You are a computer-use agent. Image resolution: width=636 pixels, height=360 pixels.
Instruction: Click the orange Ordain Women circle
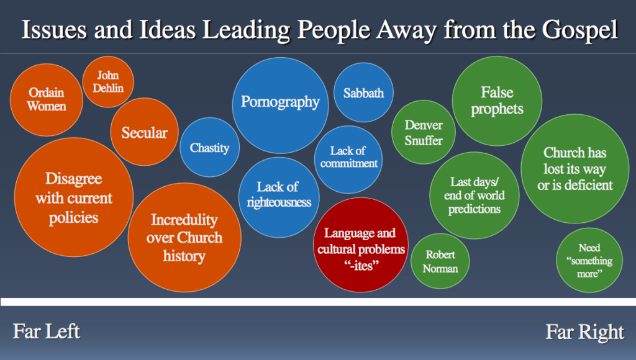pyautogui.click(x=46, y=100)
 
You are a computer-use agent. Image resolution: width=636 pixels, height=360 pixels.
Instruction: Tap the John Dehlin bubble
pyautogui.click(x=108, y=82)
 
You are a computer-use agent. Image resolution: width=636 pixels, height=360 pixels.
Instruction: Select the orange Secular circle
pyautogui.click(x=144, y=132)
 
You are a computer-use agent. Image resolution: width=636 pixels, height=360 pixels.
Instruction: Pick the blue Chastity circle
pyautogui.click(x=210, y=147)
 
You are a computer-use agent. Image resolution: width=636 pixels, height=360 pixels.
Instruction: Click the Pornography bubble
pyautogui.click(x=280, y=106)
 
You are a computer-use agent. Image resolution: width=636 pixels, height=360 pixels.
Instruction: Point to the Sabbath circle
pyautogui.click(x=363, y=92)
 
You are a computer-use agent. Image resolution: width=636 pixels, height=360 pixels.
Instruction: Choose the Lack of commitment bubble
pyautogui.click(x=348, y=160)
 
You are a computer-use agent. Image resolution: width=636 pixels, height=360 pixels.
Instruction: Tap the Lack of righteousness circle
pyautogui.click(x=279, y=197)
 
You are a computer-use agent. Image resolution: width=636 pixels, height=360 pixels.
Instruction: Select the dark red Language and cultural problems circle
pyautogui.click(x=361, y=245)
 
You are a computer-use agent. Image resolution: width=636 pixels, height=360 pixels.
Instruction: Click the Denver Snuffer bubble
pyautogui.click(x=424, y=132)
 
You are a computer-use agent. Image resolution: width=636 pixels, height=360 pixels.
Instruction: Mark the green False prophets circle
pyautogui.click(x=497, y=101)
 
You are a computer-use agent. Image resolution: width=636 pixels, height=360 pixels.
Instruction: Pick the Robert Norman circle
pyautogui.click(x=440, y=261)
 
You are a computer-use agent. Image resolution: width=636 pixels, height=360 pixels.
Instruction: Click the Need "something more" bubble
pyautogui.click(x=589, y=260)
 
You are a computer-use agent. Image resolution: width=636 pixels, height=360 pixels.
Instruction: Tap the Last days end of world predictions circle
pyautogui.click(x=474, y=196)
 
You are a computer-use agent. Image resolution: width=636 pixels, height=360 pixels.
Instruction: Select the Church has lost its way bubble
pyautogui.click(x=575, y=169)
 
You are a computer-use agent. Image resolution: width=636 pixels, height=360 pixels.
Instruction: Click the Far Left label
pyautogui.click(x=46, y=331)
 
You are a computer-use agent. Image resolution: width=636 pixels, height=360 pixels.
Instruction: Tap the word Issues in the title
pyautogui.click(x=54, y=30)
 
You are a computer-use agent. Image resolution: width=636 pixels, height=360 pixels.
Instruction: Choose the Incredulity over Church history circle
pyautogui.click(x=184, y=238)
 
